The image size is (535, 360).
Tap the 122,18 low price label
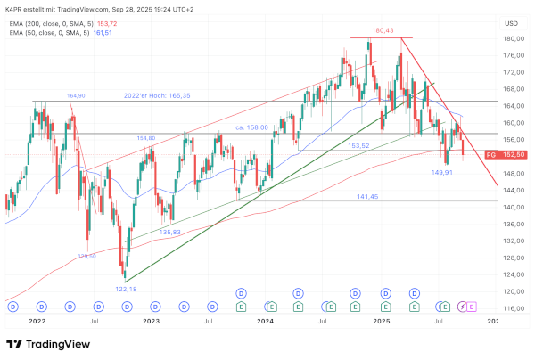tap(125, 290)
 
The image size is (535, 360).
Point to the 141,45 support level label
tap(369, 196)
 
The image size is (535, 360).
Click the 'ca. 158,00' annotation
tap(252, 127)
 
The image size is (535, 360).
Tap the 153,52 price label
tap(358, 145)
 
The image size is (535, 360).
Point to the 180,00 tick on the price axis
tap(512, 38)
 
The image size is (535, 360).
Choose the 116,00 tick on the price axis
tap(512, 308)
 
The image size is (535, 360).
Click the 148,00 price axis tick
tap(512, 174)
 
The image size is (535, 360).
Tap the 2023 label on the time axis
tap(151, 320)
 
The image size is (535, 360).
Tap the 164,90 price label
tap(76, 95)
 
